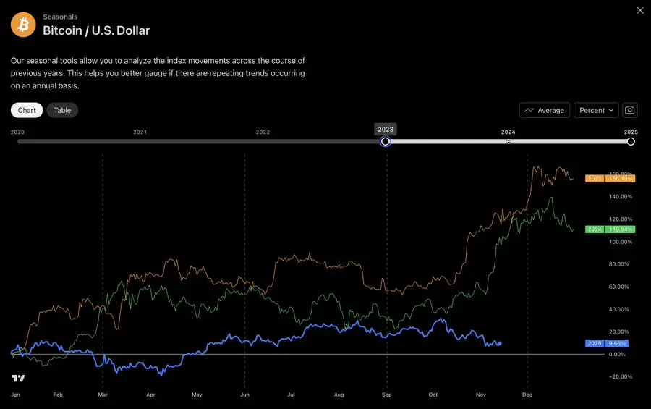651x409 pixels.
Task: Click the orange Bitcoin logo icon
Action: [23, 25]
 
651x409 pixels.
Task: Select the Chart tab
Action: [27, 110]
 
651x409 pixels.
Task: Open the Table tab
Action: [62, 110]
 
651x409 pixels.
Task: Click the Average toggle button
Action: [545, 110]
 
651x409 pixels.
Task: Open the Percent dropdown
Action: [596, 110]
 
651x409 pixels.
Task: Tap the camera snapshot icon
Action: [630, 110]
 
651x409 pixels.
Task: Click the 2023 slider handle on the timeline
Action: [386, 142]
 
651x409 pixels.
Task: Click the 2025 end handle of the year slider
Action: [631, 142]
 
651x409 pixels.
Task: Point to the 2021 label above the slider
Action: [140, 132]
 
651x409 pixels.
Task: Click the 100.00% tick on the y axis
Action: [620, 242]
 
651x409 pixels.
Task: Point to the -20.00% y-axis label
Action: [619, 376]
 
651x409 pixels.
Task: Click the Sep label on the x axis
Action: [387, 395]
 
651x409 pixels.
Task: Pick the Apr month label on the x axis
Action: [150, 395]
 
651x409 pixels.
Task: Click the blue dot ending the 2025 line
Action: [499, 343]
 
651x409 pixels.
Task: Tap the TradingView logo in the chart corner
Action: [18, 379]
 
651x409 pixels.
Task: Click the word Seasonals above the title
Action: [60, 17]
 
